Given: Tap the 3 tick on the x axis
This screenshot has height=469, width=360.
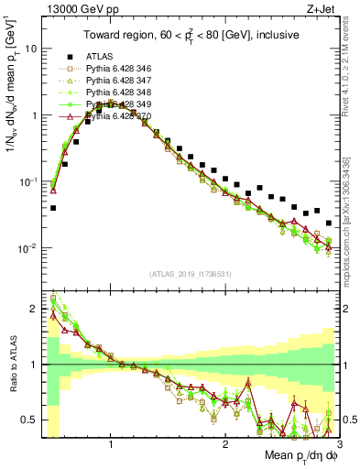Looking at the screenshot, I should (x=339, y=443).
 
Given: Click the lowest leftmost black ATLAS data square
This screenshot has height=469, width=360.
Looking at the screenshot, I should (x=53, y=208).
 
